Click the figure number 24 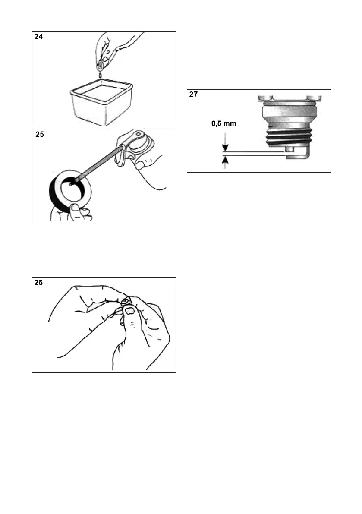click(x=39, y=37)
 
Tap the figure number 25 click(x=40, y=134)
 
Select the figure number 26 click(x=39, y=283)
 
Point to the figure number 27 click(x=194, y=95)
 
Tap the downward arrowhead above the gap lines click(x=224, y=148)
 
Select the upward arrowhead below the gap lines click(x=224, y=161)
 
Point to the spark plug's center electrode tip click(x=289, y=149)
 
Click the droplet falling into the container click(x=100, y=76)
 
